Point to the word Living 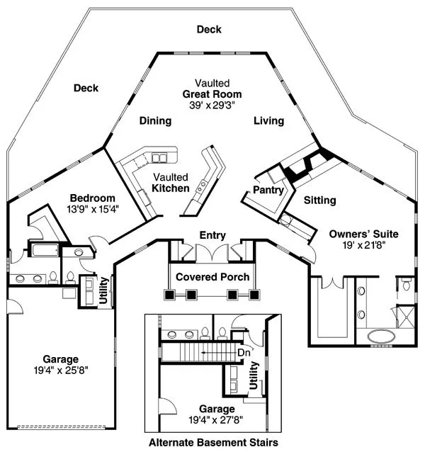268,121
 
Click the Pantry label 268,191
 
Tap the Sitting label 319,200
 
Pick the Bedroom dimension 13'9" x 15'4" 92,209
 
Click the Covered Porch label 212,276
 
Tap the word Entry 212,235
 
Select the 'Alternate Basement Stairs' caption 212,443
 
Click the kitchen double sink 162,157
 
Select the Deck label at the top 209,29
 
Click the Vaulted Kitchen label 170,183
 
